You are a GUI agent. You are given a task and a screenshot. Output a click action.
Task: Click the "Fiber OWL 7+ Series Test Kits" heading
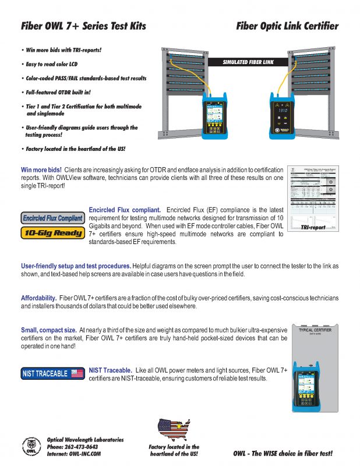point(83,26)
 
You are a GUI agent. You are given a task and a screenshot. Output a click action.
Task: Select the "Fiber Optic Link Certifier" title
point(287,26)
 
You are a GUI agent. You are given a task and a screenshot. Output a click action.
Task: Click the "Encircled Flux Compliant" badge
point(52,218)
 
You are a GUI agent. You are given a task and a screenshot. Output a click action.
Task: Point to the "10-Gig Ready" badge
point(52,233)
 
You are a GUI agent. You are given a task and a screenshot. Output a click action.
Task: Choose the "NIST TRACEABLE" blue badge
point(52,373)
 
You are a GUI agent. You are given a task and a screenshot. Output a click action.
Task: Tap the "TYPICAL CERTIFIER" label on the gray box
point(315,330)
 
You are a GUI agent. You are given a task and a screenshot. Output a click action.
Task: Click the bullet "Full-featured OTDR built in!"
point(58,92)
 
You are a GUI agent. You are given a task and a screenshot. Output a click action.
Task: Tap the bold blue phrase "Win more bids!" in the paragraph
point(41,170)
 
